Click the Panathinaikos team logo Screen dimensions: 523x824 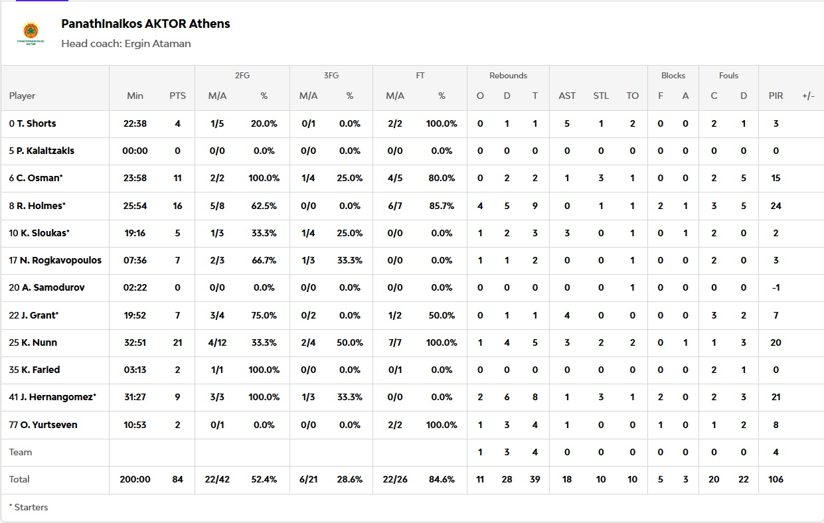[31, 33]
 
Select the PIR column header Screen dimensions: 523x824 [776, 96]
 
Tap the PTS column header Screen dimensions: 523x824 [177, 96]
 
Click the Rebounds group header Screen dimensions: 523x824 [508, 76]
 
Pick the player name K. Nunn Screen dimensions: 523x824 [37, 342]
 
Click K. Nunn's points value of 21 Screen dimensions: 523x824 [177, 342]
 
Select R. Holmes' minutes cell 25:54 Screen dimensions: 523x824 [135, 206]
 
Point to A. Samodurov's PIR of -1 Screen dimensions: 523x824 [776, 287]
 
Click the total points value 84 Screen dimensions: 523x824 [177, 479]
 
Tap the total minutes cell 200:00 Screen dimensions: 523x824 [135, 479]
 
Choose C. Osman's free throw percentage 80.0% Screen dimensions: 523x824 [442, 178]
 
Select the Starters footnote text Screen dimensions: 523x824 [29, 507]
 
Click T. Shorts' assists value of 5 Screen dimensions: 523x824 [567, 123]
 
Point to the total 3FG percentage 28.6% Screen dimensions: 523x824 [350, 479]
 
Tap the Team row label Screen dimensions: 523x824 [21, 452]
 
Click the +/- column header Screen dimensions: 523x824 [808, 96]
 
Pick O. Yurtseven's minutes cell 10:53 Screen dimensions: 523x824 [135, 425]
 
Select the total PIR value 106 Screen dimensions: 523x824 [776, 479]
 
